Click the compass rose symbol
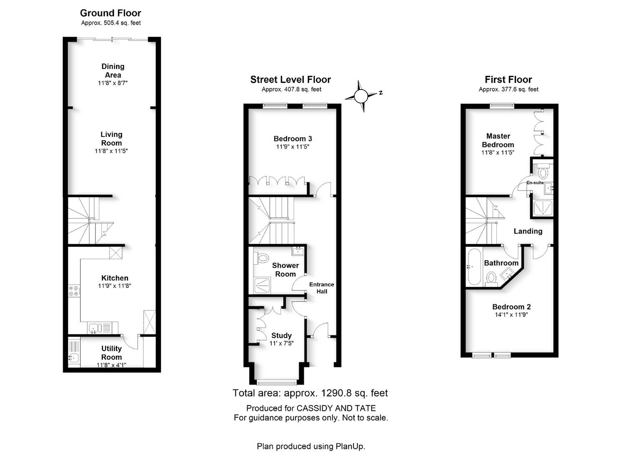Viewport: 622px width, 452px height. click(x=361, y=96)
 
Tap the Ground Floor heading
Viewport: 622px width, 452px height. click(x=111, y=13)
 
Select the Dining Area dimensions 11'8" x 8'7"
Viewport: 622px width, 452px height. click(x=113, y=83)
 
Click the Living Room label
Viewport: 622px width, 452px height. click(x=111, y=139)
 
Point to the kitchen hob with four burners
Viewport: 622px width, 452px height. click(x=75, y=290)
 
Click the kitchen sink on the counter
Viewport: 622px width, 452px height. click(x=95, y=328)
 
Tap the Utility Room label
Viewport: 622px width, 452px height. click(x=111, y=353)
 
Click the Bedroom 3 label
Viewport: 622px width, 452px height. click(x=293, y=139)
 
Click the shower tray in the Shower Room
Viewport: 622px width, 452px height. click(x=262, y=285)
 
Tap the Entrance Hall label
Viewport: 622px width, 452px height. click(x=322, y=288)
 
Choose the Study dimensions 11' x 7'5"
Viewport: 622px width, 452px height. click(x=281, y=343)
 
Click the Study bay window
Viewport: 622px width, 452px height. click(x=276, y=383)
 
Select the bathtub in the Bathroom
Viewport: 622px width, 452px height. click(x=474, y=267)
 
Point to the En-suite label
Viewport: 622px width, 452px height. click(x=535, y=182)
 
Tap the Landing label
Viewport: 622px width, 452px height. click(x=528, y=231)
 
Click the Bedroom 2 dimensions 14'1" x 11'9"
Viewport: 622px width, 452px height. click(x=511, y=315)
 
